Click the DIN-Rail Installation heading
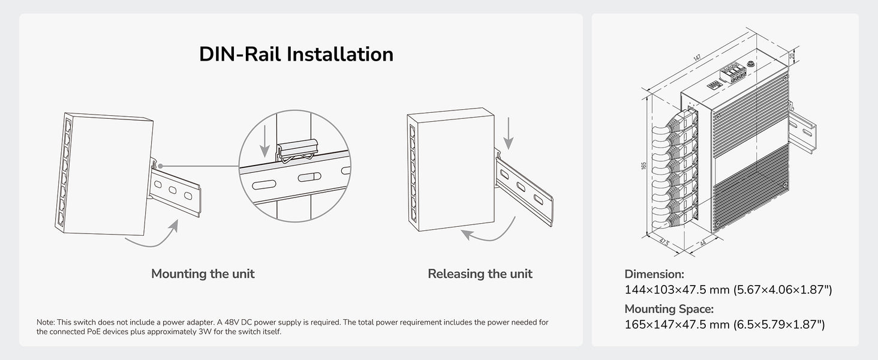click(x=296, y=54)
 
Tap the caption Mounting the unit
click(x=203, y=274)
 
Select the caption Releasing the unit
click(x=480, y=274)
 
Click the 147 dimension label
click(x=696, y=57)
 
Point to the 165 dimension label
click(x=644, y=166)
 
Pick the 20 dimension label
click(x=792, y=56)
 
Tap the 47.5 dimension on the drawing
click(x=664, y=242)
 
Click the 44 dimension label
click(x=703, y=243)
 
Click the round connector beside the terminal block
click(x=751, y=64)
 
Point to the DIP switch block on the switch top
click(x=714, y=85)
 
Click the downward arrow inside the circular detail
click(x=265, y=141)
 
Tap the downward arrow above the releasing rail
click(x=509, y=133)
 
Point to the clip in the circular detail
click(x=297, y=151)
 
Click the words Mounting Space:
click(x=669, y=309)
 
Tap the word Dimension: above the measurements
click(x=654, y=274)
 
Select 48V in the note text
click(x=232, y=322)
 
